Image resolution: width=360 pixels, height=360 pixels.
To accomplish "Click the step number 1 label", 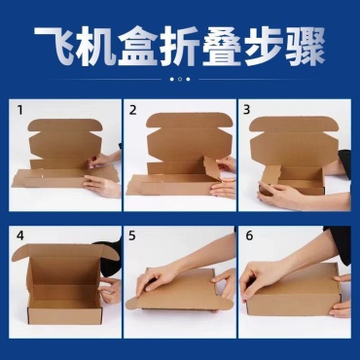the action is click(x=20, y=110).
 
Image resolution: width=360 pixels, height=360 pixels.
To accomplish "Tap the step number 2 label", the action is click(x=132, y=110).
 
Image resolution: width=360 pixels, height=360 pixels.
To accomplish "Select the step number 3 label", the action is click(x=247, y=110).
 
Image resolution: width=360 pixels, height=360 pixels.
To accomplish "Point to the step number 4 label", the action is click(x=20, y=235).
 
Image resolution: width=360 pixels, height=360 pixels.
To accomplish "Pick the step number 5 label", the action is click(x=132, y=235).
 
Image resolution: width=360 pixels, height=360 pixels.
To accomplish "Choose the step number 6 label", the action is click(x=249, y=235).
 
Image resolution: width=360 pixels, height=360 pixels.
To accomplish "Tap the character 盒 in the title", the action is click(x=138, y=47).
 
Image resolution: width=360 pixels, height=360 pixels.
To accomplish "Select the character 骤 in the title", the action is click(x=306, y=47).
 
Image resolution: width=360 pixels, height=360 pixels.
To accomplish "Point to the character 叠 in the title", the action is click(x=222, y=47).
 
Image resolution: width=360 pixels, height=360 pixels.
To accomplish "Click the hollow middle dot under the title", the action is click(x=180, y=79).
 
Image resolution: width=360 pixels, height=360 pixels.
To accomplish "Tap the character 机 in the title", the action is click(x=96, y=47).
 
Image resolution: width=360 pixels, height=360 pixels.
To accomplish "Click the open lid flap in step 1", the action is click(x=65, y=138).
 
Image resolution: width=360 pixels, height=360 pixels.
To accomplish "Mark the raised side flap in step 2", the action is click(x=211, y=167).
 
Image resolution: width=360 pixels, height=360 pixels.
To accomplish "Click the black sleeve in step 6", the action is click(x=340, y=243).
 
